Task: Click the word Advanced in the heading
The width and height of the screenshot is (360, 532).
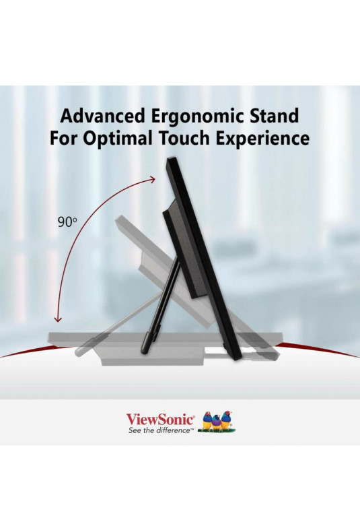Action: pos(103,115)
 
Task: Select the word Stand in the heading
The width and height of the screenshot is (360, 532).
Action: pos(275,115)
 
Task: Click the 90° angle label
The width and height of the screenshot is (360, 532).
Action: pos(67,222)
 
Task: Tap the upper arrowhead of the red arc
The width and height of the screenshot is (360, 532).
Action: pos(153,179)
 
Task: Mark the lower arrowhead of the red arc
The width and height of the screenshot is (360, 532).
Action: pos(59,319)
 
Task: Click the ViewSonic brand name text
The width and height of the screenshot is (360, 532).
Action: pos(160,420)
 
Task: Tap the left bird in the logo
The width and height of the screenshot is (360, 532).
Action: pos(207,421)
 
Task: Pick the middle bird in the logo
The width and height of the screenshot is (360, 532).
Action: pos(217,423)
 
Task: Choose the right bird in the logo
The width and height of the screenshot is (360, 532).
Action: pos(226,421)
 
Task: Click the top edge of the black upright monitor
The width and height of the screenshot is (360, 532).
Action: pos(171,158)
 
